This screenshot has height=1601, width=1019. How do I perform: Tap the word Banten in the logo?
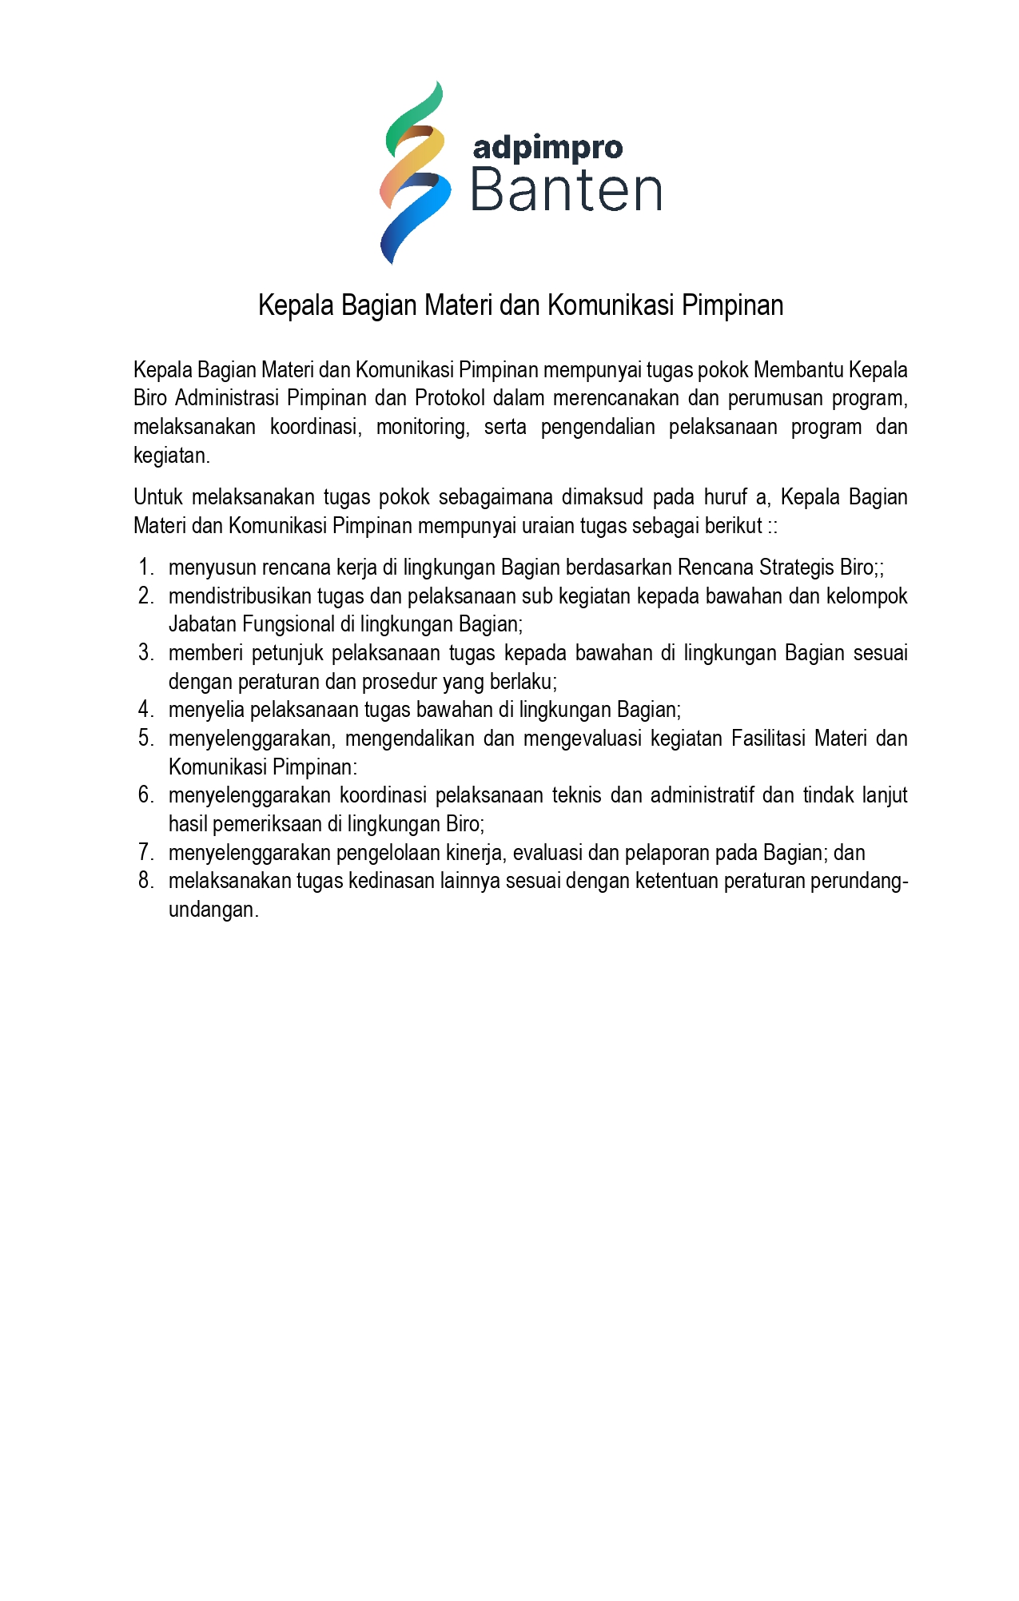click(566, 191)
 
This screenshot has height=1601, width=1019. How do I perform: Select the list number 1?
click(145, 568)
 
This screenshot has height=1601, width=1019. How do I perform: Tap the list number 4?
click(145, 710)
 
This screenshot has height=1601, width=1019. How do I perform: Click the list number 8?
click(145, 881)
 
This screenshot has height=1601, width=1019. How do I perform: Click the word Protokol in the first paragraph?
click(449, 398)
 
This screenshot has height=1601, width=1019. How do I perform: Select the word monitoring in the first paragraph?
click(423, 427)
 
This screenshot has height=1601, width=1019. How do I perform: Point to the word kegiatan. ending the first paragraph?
click(172, 456)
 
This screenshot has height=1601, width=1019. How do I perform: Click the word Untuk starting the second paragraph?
click(158, 497)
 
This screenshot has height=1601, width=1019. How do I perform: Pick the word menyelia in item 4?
click(206, 710)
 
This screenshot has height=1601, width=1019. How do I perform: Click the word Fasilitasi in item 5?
click(768, 738)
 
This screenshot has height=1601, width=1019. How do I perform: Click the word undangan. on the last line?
click(213, 910)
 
